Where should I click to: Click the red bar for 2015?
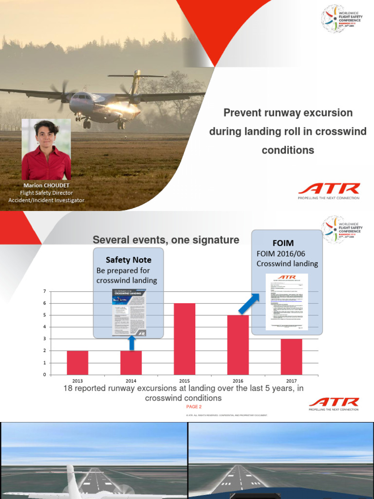click(185, 339)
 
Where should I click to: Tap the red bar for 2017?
click(291, 356)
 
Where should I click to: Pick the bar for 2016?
click(238, 345)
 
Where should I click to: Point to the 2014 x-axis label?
click(131, 381)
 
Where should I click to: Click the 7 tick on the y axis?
click(45, 291)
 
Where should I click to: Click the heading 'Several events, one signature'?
click(166, 240)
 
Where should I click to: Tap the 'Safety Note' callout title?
click(129, 260)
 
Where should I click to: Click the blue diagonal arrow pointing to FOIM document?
click(249, 304)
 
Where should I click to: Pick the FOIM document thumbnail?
click(287, 302)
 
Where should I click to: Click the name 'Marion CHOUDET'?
click(46, 186)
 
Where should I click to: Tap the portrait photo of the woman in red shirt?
click(46, 150)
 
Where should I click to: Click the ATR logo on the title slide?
click(329, 189)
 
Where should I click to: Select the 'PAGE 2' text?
click(194, 406)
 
